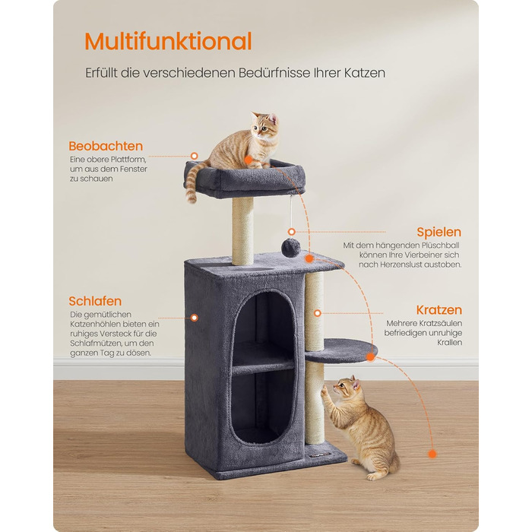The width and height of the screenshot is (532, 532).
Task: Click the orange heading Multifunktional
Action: tap(168, 41)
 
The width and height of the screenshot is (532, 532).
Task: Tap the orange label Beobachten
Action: tap(106, 146)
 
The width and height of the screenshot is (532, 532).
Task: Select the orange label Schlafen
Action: tap(95, 301)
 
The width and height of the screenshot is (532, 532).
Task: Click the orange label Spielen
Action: tap(439, 232)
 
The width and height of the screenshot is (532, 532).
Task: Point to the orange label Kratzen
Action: tap(439, 310)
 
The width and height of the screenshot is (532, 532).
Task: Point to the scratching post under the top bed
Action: tap(242, 231)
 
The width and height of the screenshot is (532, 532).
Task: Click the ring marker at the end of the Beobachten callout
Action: tap(195, 156)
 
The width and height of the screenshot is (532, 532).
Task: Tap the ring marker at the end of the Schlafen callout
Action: tap(195, 318)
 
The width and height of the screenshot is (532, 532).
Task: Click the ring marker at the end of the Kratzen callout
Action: tap(318, 313)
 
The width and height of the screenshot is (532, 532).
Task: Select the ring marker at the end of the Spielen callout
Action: tap(292, 232)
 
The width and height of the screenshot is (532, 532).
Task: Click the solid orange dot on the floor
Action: tap(432, 454)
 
